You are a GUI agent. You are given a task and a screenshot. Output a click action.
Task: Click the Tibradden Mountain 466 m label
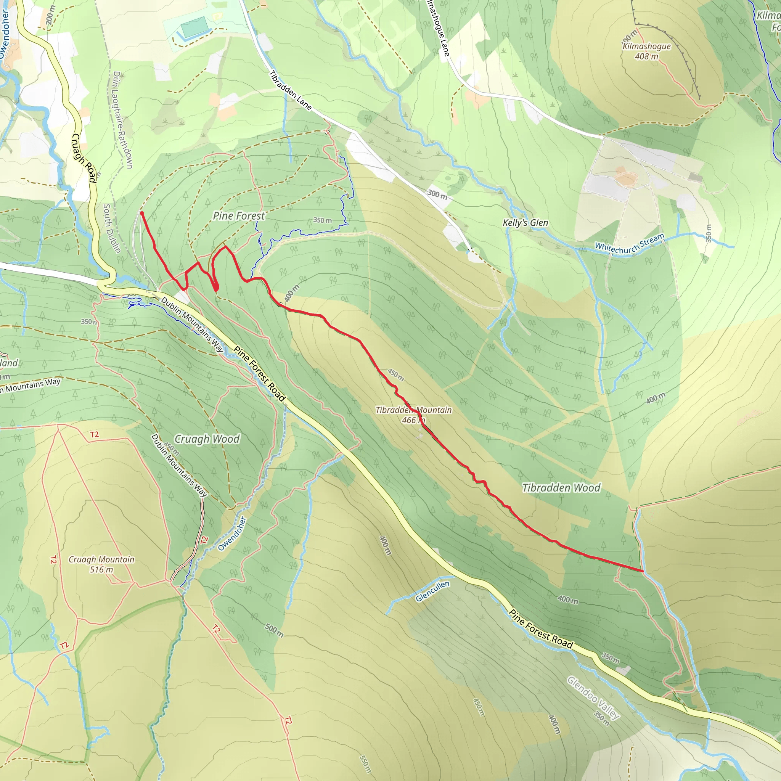click(413, 415)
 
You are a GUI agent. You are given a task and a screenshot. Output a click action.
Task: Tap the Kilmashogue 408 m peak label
click(646, 51)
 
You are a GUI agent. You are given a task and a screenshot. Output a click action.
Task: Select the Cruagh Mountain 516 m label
click(101, 564)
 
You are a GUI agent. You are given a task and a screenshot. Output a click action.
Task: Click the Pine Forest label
click(239, 216)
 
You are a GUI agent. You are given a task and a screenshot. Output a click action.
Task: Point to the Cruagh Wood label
click(207, 439)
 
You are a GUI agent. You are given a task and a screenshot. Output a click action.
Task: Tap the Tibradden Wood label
click(561, 488)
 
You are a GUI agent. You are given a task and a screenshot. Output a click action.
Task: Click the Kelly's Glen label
click(525, 223)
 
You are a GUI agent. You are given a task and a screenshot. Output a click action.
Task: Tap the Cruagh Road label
click(84, 158)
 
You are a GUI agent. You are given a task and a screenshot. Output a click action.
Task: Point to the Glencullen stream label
click(432, 591)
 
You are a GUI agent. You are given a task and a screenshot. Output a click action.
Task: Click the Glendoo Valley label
click(593, 698)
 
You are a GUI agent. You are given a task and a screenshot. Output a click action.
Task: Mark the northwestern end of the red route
click(141, 213)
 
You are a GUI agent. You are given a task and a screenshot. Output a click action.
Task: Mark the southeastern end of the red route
click(643, 571)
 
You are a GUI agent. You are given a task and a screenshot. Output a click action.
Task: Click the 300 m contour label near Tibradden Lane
click(437, 194)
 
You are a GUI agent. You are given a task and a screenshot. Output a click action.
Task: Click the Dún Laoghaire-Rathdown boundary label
click(122, 120)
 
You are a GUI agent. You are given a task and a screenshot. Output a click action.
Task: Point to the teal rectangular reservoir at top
click(194, 27)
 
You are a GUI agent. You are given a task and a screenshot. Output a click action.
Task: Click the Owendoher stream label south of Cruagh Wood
click(231, 534)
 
